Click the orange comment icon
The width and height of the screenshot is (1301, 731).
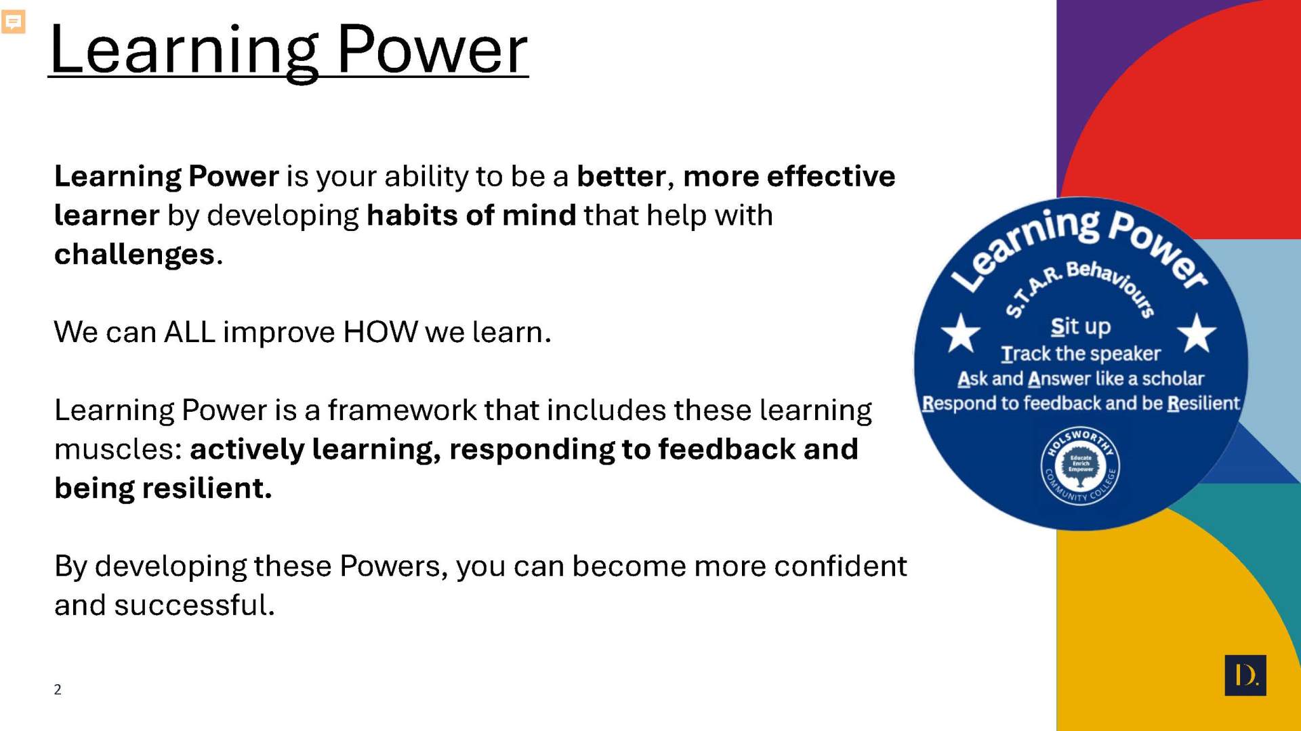(x=14, y=22)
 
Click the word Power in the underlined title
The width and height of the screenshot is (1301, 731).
(x=432, y=50)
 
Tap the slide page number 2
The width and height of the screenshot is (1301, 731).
(x=58, y=690)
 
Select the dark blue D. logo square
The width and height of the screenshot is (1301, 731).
(x=1245, y=675)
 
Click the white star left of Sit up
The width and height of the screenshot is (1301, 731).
(x=961, y=333)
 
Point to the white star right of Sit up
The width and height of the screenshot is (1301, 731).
(x=1197, y=333)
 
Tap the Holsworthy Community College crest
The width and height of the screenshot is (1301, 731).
(x=1080, y=465)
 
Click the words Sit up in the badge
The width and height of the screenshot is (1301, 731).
(x=1081, y=327)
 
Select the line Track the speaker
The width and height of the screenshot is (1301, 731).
(x=1081, y=354)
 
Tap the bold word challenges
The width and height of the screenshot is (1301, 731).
(x=134, y=255)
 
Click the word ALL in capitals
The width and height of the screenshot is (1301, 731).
(x=190, y=332)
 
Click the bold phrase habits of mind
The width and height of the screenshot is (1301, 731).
(x=472, y=215)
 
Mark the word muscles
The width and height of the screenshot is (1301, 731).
(x=113, y=449)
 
